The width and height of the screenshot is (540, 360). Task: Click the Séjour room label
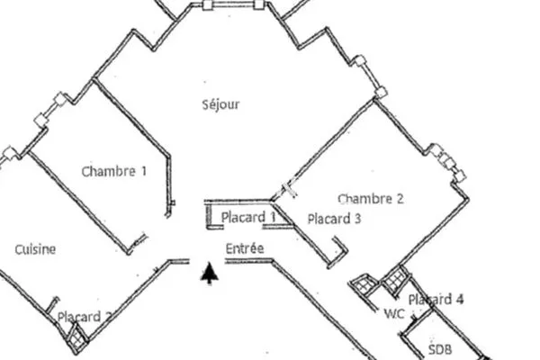pos(220,104)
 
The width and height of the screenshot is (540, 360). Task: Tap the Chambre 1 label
pos(114,171)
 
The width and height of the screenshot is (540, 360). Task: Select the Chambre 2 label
pos(371,199)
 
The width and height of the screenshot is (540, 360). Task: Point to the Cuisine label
pos(35,249)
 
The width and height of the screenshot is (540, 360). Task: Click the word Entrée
pos(245,248)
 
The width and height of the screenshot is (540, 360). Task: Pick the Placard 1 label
pos(248,217)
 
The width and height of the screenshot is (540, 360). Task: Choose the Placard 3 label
pos(334,219)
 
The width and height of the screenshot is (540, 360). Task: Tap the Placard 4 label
pos(436,300)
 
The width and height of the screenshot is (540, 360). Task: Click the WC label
pos(394,313)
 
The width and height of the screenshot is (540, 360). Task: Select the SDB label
pos(440,349)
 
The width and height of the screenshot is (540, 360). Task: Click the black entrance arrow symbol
pos(209,273)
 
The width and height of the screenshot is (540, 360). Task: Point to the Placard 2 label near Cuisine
pos(85,317)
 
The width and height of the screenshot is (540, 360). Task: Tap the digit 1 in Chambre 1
pos(144,171)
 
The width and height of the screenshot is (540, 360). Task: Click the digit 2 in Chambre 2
pos(400,199)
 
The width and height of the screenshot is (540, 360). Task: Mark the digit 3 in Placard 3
pos(357,219)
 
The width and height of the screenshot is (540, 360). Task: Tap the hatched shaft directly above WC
pos(396,280)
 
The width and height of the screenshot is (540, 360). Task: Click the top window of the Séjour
pos(233,4)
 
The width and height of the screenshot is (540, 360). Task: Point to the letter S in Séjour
pos(205,104)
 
